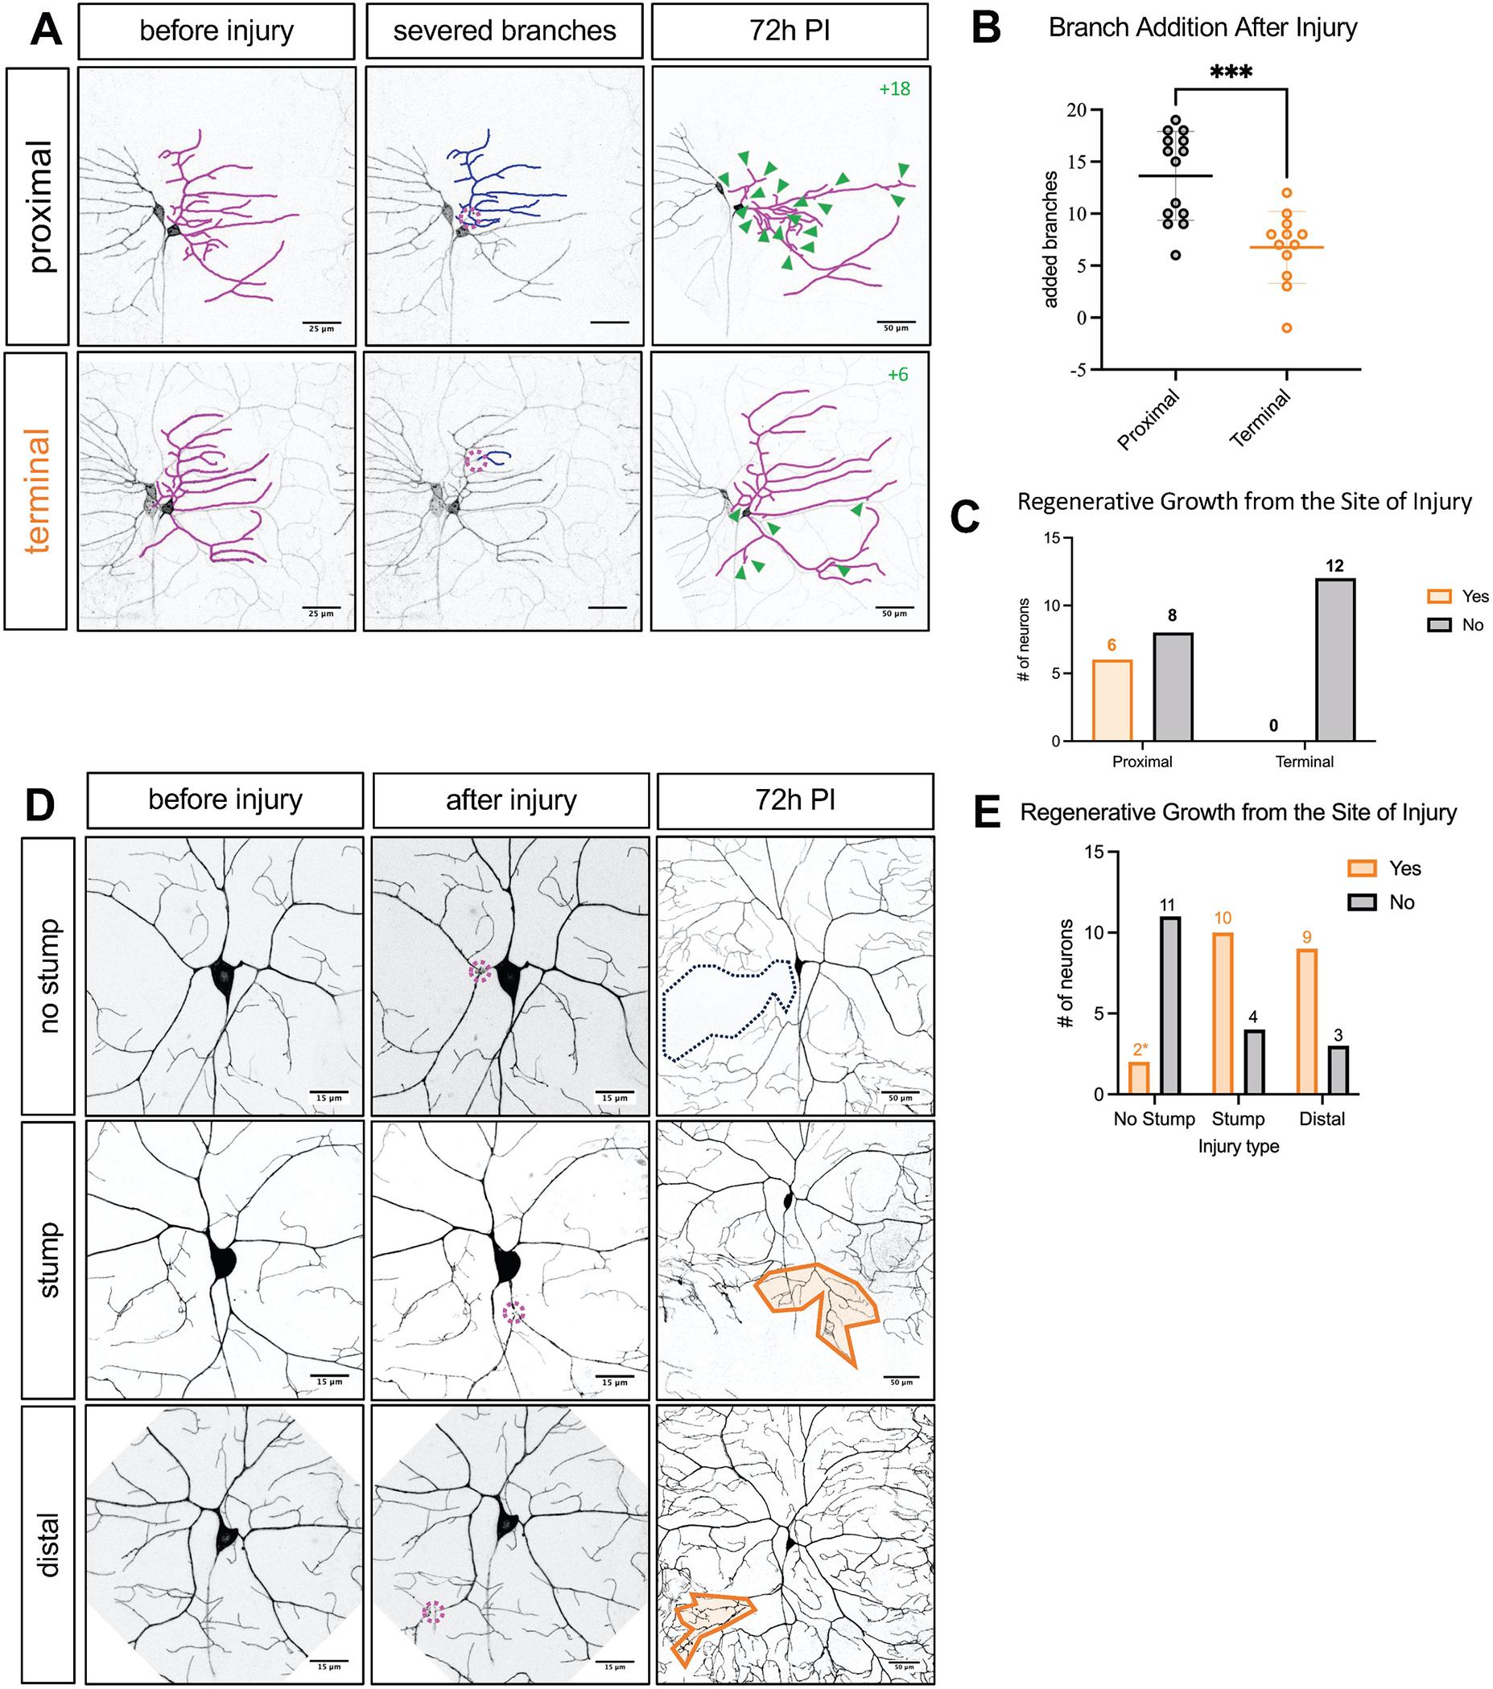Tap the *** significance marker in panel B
click(x=1231, y=72)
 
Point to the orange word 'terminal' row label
click(x=37, y=491)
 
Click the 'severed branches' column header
click(x=505, y=31)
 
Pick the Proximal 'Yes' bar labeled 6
click(x=1113, y=700)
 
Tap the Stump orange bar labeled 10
click(x=1223, y=1013)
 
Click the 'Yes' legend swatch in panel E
click(x=1363, y=868)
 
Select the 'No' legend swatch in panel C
click(x=1440, y=625)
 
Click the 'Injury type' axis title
click(x=1239, y=1146)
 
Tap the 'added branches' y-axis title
click(x=1050, y=240)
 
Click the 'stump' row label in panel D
click(x=48, y=1260)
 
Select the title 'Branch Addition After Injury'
click(x=1202, y=27)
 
